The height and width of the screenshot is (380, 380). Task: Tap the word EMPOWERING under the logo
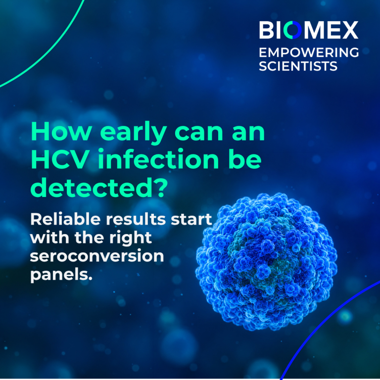(x=309, y=52)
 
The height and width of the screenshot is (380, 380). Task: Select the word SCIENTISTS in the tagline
(x=298, y=66)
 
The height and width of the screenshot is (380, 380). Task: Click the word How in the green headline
(x=61, y=132)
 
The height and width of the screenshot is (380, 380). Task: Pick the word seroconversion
(x=97, y=256)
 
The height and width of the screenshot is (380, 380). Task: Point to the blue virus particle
(x=266, y=262)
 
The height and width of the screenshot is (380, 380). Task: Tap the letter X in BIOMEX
(x=349, y=30)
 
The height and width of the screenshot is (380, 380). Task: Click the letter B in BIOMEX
(x=267, y=30)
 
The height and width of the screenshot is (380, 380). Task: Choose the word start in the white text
(x=191, y=220)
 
